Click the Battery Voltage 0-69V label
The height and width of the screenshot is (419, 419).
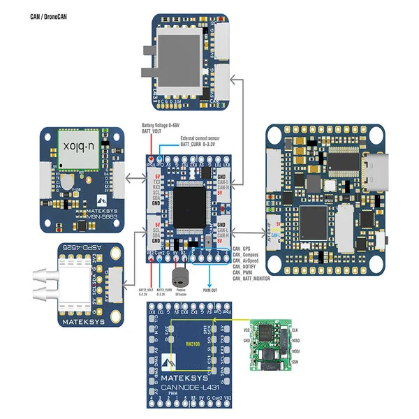[x=161, y=125]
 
